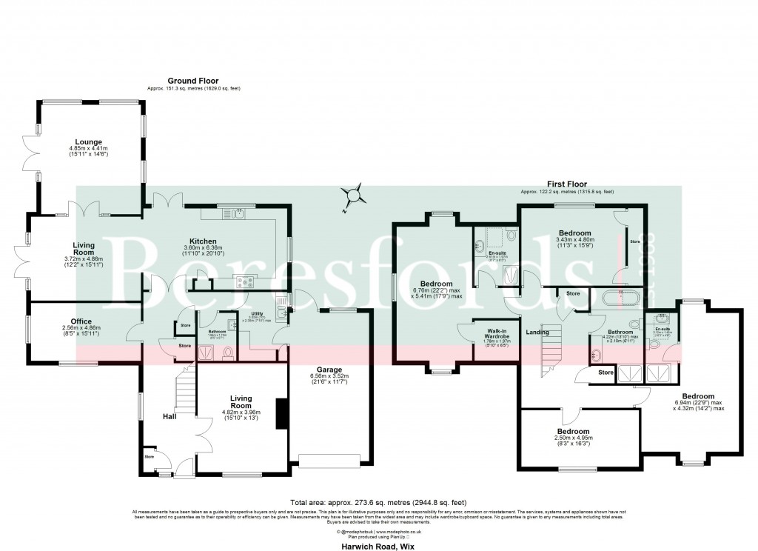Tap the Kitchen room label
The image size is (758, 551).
click(x=202, y=241)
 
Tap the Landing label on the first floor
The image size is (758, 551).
click(x=537, y=333)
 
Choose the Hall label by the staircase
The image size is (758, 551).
click(x=170, y=417)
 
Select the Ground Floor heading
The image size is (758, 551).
click(x=192, y=81)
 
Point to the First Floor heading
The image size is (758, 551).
click(x=567, y=184)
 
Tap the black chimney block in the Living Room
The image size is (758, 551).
click(x=280, y=413)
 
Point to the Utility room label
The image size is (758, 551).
click(x=256, y=314)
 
